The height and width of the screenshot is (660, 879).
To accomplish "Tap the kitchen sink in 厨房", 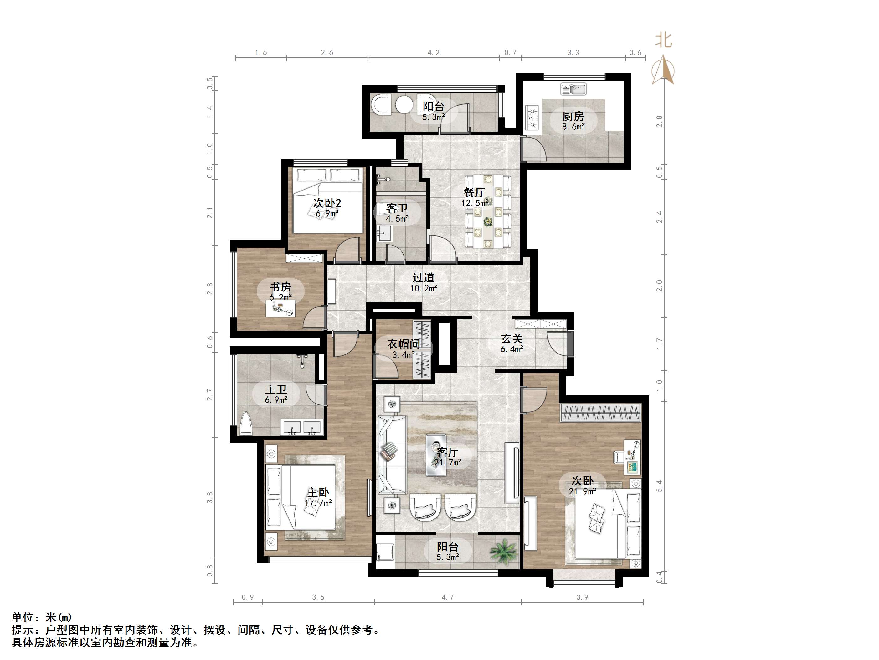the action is tap(573, 89).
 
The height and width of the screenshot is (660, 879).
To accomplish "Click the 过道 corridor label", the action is tap(423, 278).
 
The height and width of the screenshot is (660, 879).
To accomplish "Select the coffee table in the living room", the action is tap(437, 455).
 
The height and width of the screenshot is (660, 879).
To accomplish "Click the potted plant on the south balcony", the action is tap(504, 551).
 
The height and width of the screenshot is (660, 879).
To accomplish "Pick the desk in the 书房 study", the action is tap(280, 308).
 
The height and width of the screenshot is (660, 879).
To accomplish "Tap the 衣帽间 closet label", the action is tap(403, 344).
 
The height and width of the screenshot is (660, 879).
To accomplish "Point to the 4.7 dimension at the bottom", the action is tap(447, 597).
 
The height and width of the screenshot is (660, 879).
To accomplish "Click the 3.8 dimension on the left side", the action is tap(210, 497).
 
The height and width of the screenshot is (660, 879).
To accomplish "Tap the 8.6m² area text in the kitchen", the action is tap(573, 127).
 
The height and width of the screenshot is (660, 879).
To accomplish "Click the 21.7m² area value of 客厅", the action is tap(448, 462).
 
